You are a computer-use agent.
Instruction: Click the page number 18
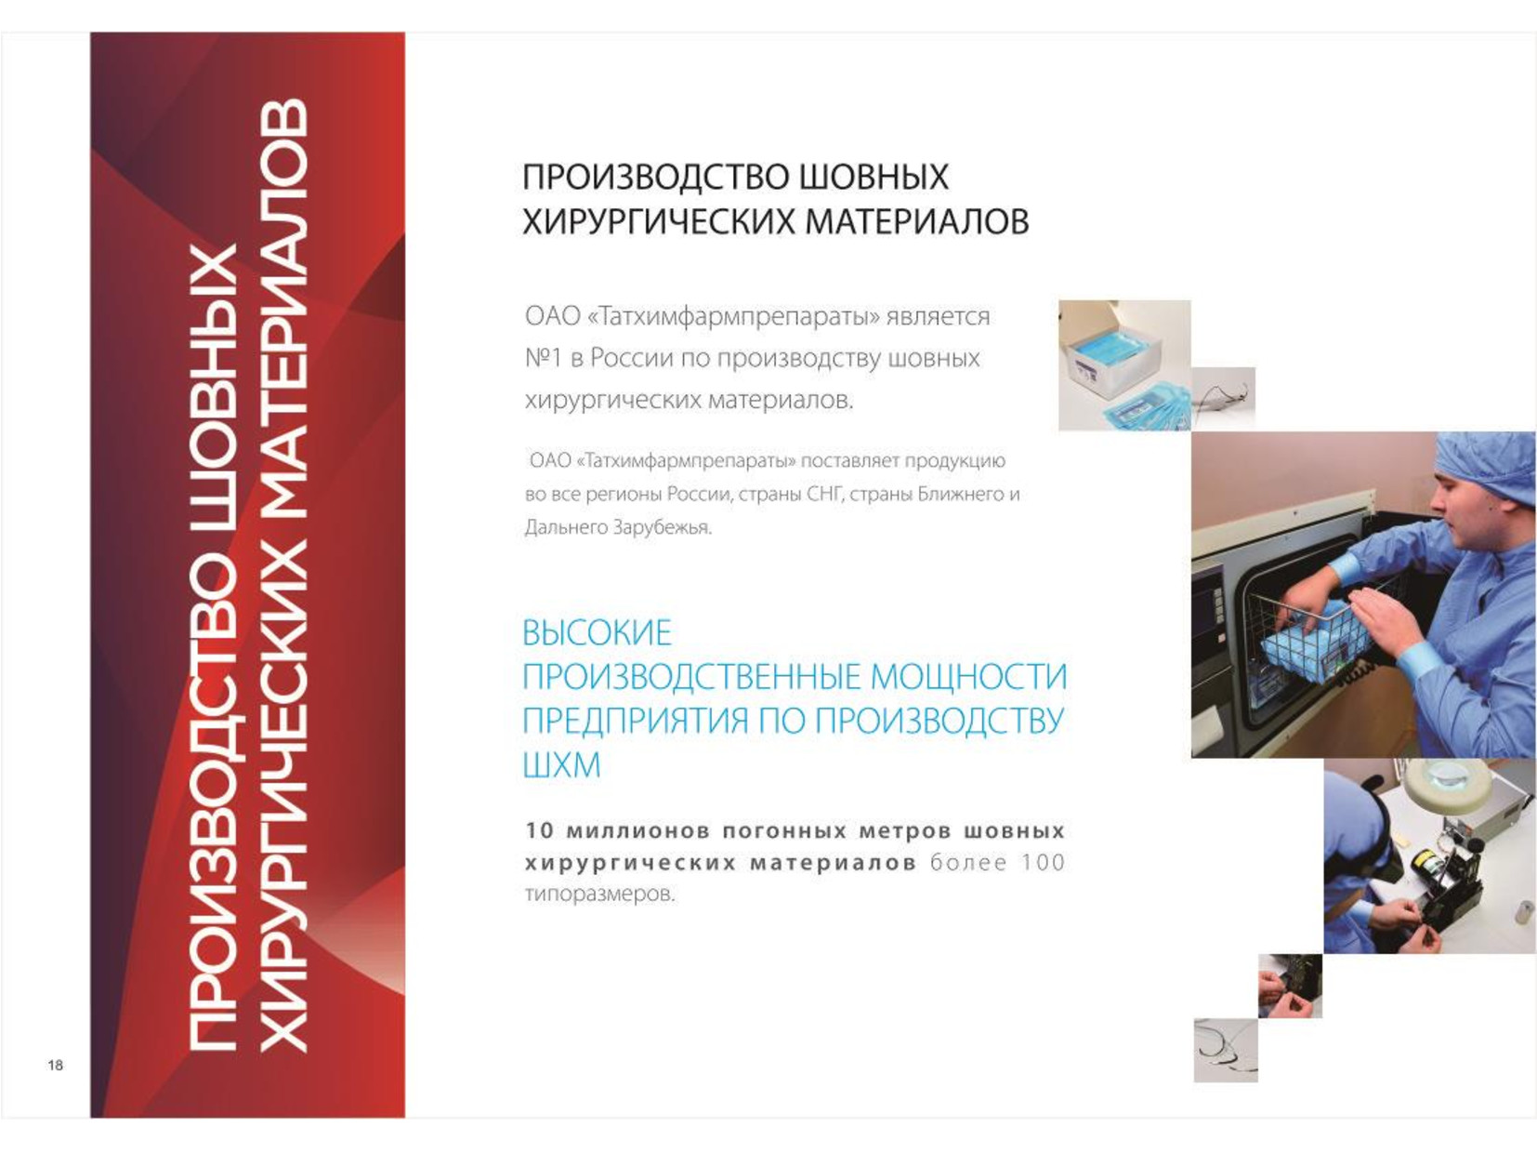pyautogui.click(x=56, y=1066)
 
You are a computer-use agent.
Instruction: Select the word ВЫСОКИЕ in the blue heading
pyautogui.click(x=598, y=632)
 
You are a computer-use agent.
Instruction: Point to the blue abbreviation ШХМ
pyautogui.click(x=561, y=764)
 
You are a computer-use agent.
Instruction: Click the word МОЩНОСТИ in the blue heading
pyautogui.click(x=969, y=677)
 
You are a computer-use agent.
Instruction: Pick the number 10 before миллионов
pyautogui.click(x=540, y=830)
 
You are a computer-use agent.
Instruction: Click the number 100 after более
pyautogui.click(x=1043, y=862)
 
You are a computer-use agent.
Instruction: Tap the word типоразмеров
pyautogui.click(x=600, y=895)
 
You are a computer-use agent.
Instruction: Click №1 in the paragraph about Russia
pyautogui.click(x=544, y=358)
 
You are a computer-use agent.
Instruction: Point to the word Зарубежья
pyautogui.click(x=663, y=527)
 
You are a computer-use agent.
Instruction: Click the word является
pyautogui.click(x=938, y=317)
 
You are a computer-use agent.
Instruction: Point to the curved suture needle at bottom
pyautogui.click(x=1227, y=1051)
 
